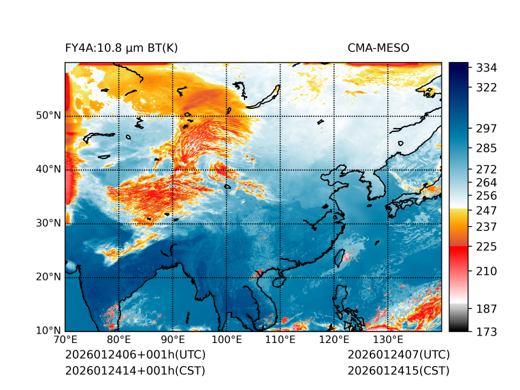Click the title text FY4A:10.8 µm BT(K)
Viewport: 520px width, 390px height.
click(x=121, y=48)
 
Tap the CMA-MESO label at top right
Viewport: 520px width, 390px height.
click(x=378, y=48)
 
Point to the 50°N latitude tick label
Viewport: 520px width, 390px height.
click(x=48, y=116)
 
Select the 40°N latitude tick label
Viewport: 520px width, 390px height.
click(x=48, y=169)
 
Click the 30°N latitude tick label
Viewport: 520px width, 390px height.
click(x=48, y=223)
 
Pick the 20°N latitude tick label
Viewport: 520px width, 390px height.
click(x=48, y=277)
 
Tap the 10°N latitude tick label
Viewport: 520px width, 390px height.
click(x=48, y=331)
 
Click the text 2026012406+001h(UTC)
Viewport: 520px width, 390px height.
click(x=135, y=355)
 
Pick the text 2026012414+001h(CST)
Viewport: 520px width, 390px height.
click(x=135, y=371)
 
